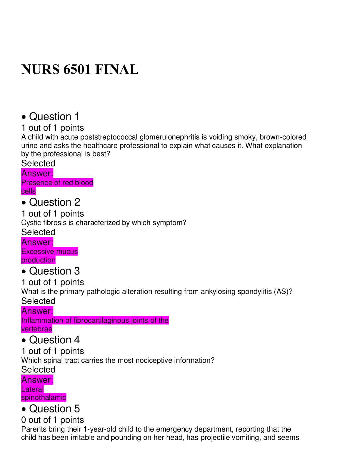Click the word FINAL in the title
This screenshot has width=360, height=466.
tap(117, 70)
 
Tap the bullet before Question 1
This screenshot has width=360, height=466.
tap(24, 117)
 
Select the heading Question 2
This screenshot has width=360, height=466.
tap(54, 202)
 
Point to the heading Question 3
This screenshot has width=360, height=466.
tap(54, 271)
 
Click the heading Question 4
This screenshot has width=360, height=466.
tap(54, 340)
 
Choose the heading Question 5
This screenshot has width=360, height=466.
tap(54, 409)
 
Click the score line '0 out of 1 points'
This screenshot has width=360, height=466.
tap(53, 420)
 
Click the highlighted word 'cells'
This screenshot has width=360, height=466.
tap(29, 191)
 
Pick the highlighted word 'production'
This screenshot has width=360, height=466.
tap(38, 260)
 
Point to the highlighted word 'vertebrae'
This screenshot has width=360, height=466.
tap(37, 329)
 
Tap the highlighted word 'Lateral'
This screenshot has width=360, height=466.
tap(32, 389)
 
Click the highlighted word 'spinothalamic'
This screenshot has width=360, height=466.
tap(44, 398)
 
